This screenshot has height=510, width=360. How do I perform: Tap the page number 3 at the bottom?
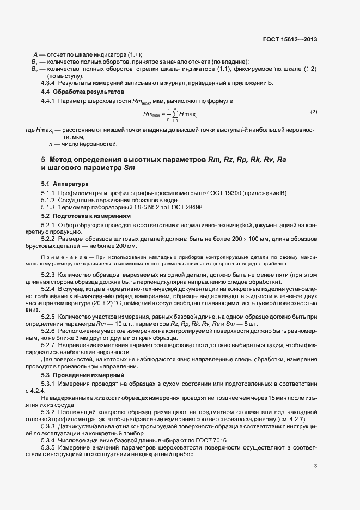point(316,466)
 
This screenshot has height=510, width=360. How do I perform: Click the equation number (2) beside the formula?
point(314,112)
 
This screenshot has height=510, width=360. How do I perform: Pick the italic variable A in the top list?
point(35,54)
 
